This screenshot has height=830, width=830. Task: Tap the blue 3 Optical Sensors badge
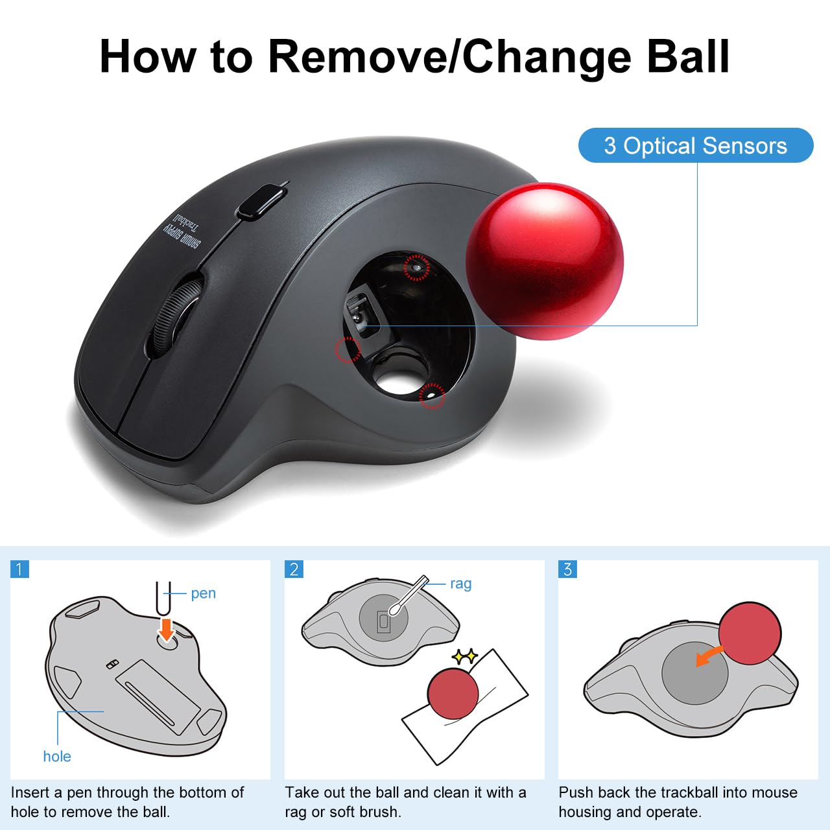click(695, 145)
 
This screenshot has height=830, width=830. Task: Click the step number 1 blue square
click(19, 569)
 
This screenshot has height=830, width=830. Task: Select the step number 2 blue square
click(294, 569)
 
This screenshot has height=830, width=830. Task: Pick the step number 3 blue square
click(567, 569)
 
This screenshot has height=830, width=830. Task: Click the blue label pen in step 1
click(203, 593)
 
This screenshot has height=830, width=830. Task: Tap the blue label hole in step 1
click(57, 756)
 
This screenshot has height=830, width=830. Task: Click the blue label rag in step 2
click(460, 584)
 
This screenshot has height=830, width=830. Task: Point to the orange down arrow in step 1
click(167, 628)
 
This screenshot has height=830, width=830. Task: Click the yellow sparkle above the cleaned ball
click(464, 657)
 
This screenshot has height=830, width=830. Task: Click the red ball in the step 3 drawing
click(750, 633)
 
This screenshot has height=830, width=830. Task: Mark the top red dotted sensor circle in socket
click(416, 267)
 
